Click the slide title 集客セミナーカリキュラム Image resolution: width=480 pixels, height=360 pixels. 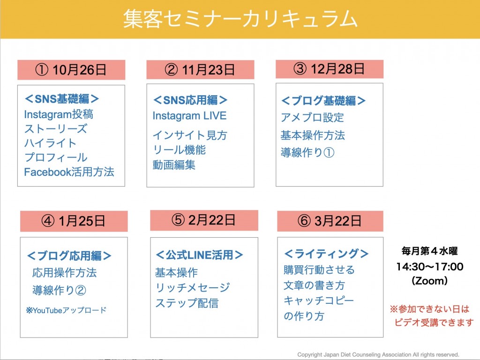point(240,19)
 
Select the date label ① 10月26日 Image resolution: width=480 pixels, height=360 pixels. point(71,70)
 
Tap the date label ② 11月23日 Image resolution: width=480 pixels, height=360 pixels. point(200,70)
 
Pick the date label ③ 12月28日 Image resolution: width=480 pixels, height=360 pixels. point(329,69)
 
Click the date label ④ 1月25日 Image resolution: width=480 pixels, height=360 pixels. point(74,221)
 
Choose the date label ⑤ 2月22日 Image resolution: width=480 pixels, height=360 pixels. point(203,220)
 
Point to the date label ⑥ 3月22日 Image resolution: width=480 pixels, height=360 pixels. point(330,221)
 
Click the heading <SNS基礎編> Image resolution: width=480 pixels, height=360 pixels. point(62,99)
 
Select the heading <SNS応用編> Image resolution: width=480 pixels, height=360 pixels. point(190,100)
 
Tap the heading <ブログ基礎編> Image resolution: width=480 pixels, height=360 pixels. point(323,100)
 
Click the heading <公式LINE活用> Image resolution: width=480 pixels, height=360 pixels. point(199,255)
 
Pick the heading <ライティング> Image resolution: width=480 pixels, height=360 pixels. point(326,254)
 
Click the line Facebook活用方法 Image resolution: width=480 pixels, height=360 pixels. point(69,172)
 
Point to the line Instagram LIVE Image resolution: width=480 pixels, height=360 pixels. point(189,116)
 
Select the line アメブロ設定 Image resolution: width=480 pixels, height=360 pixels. point(312,117)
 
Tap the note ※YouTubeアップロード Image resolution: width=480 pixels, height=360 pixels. point(66,310)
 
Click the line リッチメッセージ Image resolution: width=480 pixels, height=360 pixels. point(193,287)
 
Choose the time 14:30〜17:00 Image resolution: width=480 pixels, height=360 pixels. point(430,267)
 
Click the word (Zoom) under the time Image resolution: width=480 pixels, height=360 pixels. point(430,281)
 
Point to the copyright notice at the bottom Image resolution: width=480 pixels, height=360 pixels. point(378,354)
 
